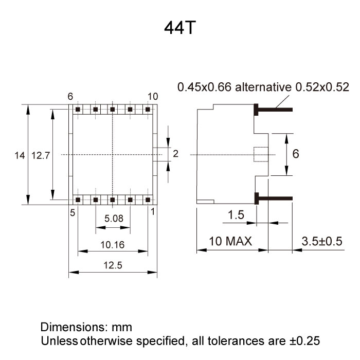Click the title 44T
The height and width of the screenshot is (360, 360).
(179, 28)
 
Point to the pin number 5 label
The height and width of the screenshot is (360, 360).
(72, 211)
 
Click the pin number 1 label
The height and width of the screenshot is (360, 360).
(153, 211)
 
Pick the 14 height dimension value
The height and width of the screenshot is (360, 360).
(20, 155)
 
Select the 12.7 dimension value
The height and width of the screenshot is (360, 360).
(40, 155)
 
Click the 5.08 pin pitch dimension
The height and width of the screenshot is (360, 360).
(114, 219)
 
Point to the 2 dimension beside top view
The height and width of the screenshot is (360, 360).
(175, 154)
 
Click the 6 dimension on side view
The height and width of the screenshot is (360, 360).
(296, 154)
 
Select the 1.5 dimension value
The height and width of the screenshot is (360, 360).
(236, 215)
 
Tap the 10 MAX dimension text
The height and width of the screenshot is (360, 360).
(230, 241)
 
